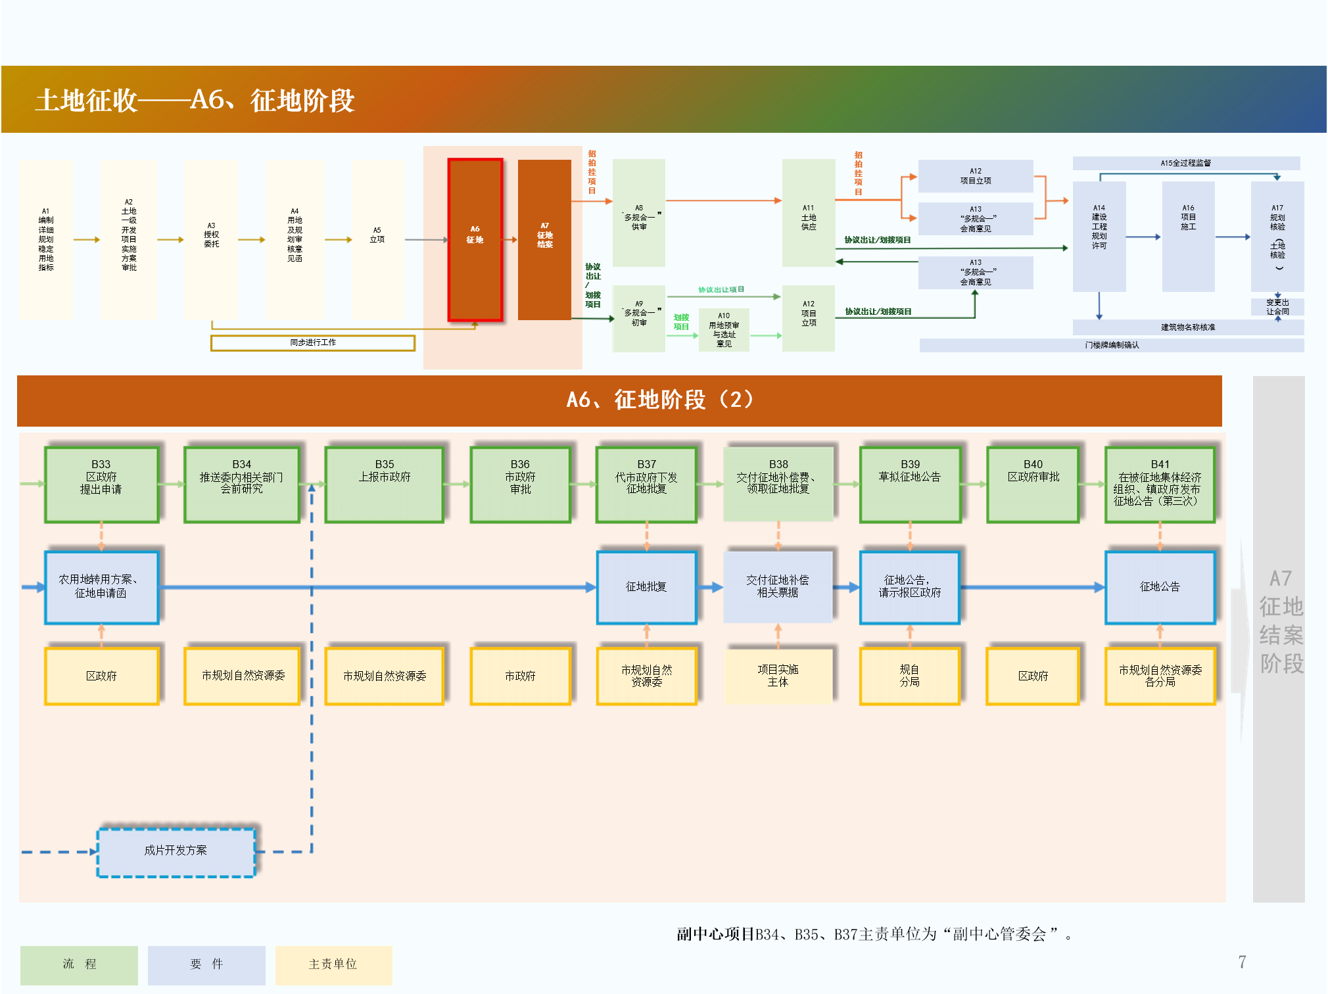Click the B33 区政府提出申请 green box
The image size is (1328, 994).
click(101, 485)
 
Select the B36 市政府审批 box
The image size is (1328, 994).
click(520, 485)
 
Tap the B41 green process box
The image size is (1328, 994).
click(1160, 485)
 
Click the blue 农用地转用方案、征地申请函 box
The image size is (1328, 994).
click(101, 587)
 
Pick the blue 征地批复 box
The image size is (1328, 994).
click(646, 587)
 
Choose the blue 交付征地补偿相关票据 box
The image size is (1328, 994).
click(778, 587)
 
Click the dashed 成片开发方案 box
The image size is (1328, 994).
click(176, 852)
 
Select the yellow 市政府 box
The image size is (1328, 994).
click(520, 676)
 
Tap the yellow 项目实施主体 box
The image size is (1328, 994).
click(778, 676)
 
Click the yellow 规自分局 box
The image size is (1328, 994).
click(910, 676)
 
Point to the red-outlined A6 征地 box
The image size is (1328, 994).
click(475, 239)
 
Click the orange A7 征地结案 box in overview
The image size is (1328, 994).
click(544, 239)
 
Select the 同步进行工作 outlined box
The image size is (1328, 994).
click(313, 343)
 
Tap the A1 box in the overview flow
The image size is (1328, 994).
click(46, 239)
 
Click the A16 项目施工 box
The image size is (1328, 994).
click(1188, 237)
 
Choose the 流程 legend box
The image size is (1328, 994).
click(79, 964)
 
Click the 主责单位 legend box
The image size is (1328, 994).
click(333, 964)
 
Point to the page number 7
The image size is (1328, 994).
click(1242, 962)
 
